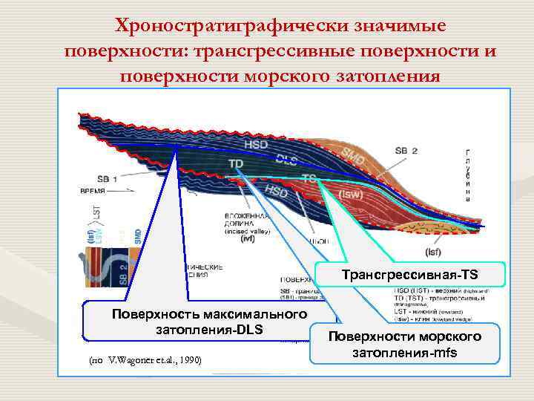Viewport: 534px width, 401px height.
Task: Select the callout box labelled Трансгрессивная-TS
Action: [410, 275]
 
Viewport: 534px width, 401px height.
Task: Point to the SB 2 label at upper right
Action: [406, 151]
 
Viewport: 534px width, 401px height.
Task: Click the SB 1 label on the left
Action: [108, 178]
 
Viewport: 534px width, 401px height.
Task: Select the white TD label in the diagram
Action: [237, 163]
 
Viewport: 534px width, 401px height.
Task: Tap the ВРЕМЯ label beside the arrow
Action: [93, 190]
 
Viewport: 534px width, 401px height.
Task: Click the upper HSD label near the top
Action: [256, 145]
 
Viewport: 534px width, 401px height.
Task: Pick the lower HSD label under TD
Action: [276, 192]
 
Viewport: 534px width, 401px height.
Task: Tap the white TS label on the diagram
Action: [309, 178]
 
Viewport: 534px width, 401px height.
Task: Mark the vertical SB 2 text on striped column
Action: [123, 270]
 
